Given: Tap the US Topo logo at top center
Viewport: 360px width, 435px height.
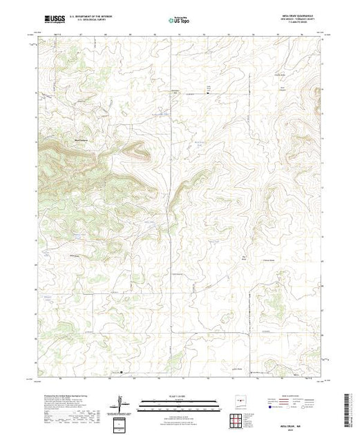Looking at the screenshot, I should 180,21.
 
